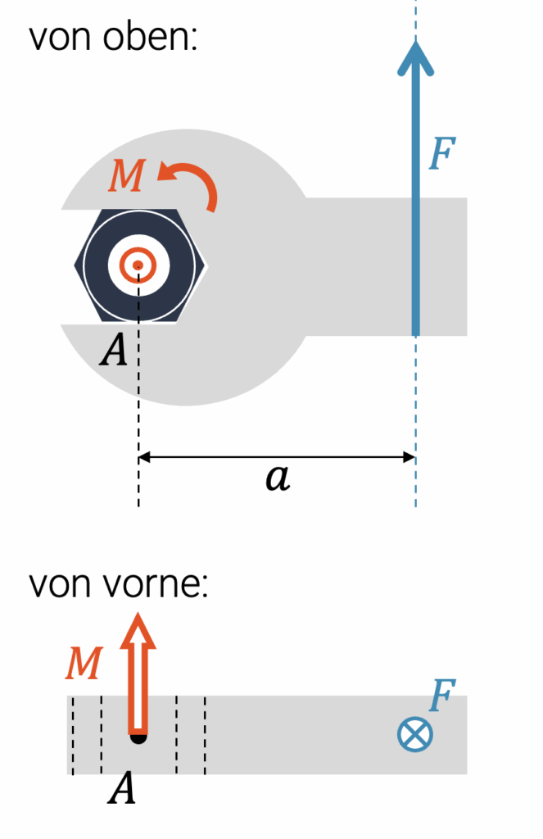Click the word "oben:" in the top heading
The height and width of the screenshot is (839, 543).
pyautogui.click(x=151, y=37)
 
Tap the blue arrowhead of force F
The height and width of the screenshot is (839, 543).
pyautogui.click(x=416, y=58)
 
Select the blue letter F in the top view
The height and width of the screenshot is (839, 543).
pyautogui.click(x=442, y=153)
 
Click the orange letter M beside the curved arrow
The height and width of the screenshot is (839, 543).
pyautogui.click(x=127, y=175)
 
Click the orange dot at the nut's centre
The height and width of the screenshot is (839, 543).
pyautogui.click(x=138, y=265)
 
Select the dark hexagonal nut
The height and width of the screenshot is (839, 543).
pyautogui.click(x=139, y=266)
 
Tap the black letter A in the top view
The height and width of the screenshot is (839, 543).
pyautogui.click(x=114, y=350)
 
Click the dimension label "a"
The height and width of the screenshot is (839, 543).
pyautogui.click(x=278, y=477)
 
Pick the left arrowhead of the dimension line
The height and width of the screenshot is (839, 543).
pyautogui.click(x=144, y=457)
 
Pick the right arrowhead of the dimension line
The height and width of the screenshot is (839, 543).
pyautogui.click(x=410, y=457)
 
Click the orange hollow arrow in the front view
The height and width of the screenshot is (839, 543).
pyautogui.click(x=138, y=673)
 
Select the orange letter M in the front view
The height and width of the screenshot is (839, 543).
pyautogui.click(x=84, y=664)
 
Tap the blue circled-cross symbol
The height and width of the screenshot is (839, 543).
pyautogui.click(x=415, y=733)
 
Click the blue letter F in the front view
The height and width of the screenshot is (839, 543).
pyautogui.click(x=442, y=695)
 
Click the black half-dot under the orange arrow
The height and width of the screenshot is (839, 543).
pyautogui.click(x=138, y=739)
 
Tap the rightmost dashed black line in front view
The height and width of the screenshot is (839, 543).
pyautogui.click(x=205, y=735)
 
